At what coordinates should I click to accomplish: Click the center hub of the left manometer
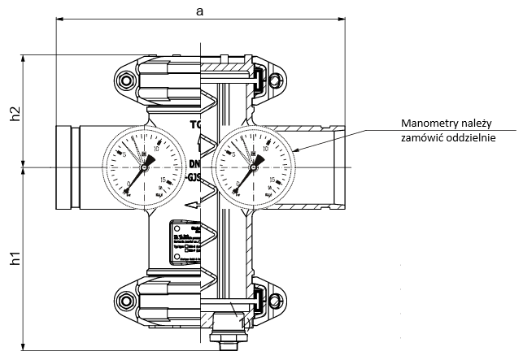coord(145,166)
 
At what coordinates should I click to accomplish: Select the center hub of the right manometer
coord(253,166)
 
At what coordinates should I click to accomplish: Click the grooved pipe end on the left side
coord(65,165)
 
